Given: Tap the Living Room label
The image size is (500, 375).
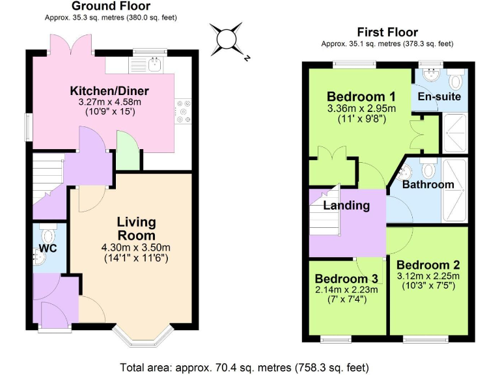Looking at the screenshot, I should click(x=136, y=229).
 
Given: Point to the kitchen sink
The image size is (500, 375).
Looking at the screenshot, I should click(x=154, y=64).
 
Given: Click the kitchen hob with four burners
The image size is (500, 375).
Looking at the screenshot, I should click(x=183, y=111).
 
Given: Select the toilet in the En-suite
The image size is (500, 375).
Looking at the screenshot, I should click(x=455, y=80).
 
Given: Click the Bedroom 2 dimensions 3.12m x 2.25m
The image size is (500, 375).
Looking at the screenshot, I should click(x=428, y=277).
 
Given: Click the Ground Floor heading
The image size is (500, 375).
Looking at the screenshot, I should click(x=111, y=7).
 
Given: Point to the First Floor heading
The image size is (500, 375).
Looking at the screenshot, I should click(x=387, y=32).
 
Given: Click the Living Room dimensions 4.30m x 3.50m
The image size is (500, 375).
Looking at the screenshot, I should click(x=136, y=248).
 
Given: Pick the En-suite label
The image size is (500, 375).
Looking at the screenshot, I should click(x=439, y=97).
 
